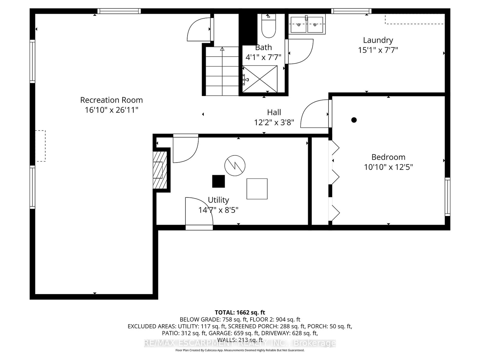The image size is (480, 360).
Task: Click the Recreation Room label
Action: click(111, 100)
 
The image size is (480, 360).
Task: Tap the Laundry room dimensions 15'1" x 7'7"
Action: click(378, 50)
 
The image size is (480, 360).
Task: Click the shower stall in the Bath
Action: click(260, 79)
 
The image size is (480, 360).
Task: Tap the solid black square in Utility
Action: click(218, 181)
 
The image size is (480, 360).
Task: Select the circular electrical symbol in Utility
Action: click(235, 166)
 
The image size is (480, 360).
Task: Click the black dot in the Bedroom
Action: click(354, 120)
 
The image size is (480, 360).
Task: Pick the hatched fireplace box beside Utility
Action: click(160, 170)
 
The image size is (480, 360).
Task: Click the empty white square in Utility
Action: click(257, 189)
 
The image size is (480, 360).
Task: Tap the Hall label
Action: click(274, 112)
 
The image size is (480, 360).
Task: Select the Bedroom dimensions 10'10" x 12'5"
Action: click(388, 167)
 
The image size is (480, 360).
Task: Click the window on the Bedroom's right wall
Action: click(447, 197)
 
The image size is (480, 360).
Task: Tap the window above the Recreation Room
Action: click(119, 11)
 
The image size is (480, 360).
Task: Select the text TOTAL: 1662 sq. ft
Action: click(240, 312)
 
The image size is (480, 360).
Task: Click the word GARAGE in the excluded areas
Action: click(220, 333)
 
